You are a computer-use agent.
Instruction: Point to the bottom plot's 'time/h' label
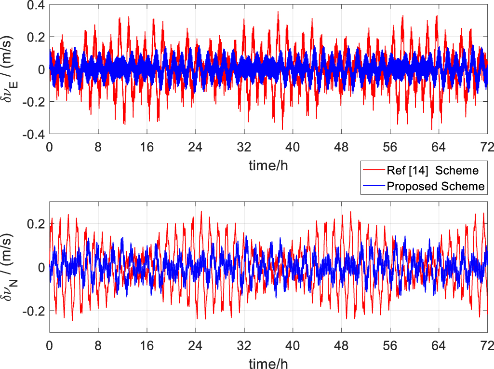point(269,362)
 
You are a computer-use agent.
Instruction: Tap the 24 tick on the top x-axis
point(195,148)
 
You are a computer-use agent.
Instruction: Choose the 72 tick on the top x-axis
point(487,148)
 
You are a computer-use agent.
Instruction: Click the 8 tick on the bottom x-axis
point(98,345)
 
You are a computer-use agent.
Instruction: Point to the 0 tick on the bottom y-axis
point(42,267)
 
